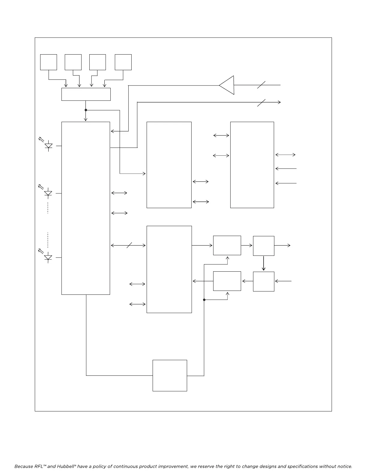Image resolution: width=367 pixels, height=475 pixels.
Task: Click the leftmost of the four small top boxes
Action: pos(49,62)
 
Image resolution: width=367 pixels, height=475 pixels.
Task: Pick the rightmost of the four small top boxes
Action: pos(123,62)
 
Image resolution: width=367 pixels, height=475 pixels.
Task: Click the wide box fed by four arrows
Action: pos(86,94)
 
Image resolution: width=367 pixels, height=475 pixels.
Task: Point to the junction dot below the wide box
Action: pos(86,110)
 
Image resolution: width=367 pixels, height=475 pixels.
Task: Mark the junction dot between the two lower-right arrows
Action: pos(204,300)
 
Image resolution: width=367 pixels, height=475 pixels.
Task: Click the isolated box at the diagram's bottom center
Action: pos(170,375)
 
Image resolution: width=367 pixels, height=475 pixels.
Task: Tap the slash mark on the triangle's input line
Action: pos(261,85)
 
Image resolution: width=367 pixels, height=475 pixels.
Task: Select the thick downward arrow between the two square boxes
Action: pos(264,263)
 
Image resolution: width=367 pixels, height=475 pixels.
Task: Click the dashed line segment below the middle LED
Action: pos(48,208)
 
